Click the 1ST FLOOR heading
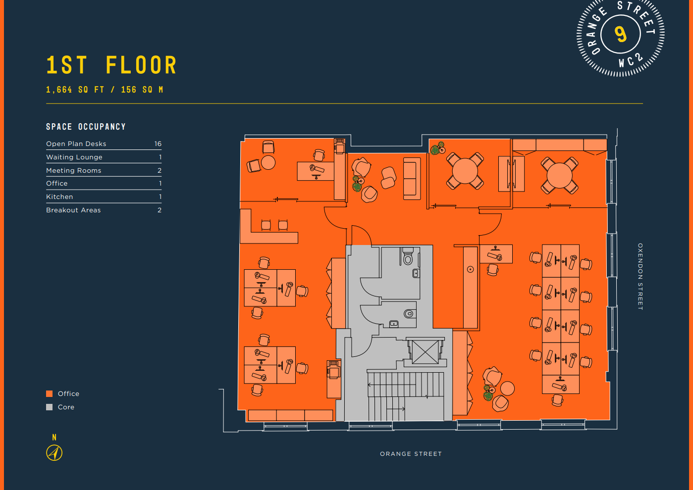(x=111, y=65)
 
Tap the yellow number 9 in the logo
(x=621, y=34)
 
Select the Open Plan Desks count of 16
(x=158, y=144)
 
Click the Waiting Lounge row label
(x=74, y=157)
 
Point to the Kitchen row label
(x=59, y=197)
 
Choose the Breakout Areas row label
(x=73, y=210)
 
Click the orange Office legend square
(x=49, y=394)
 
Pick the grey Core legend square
(x=49, y=407)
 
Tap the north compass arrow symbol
(x=54, y=452)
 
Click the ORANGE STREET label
(x=411, y=454)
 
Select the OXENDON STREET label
(x=640, y=277)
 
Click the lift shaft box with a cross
(x=425, y=352)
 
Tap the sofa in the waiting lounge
(x=412, y=178)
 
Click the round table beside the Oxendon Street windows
(x=560, y=175)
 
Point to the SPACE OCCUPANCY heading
(x=86, y=127)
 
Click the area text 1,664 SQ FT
(x=75, y=90)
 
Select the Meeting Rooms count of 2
(x=160, y=171)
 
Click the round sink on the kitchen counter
(x=470, y=269)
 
